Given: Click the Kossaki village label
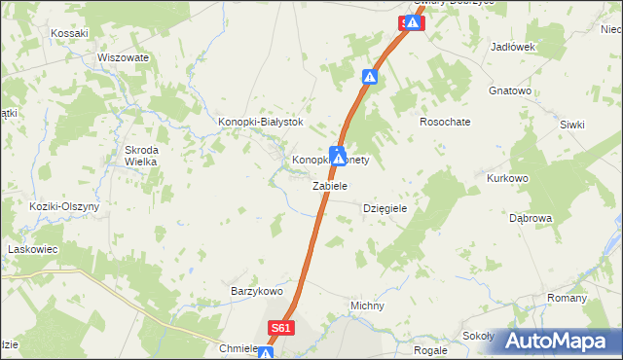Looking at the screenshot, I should click(69, 32).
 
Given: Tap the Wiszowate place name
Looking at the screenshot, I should click(123, 57).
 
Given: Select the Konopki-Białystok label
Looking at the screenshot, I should click(260, 122).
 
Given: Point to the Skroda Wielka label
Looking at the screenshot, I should click(141, 156).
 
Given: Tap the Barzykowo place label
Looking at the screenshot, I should click(255, 291).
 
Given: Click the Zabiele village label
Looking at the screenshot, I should click(330, 185).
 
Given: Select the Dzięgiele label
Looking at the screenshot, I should click(384, 208).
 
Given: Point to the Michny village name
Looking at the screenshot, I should click(367, 306).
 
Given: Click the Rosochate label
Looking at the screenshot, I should click(445, 122).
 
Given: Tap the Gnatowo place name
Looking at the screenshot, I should click(509, 90).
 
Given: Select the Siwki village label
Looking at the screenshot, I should click(573, 125).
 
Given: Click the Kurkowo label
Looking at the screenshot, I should click(506, 179).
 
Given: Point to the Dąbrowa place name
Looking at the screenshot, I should click(531, 218).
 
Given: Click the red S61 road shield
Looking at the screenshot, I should click(281, 329).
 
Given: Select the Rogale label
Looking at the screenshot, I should click(429, 349).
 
